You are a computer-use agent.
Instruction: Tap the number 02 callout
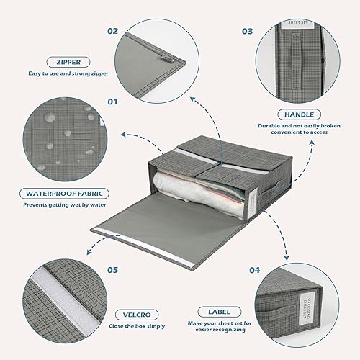pyautogui.click(x=112, y=31)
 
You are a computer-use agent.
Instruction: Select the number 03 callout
pyautogui.click(x=247, y=31)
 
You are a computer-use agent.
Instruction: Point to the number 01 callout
pyautogui.click(x=112, y=102)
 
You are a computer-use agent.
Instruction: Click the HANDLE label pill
pyautogui.click(x=298, y=114)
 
